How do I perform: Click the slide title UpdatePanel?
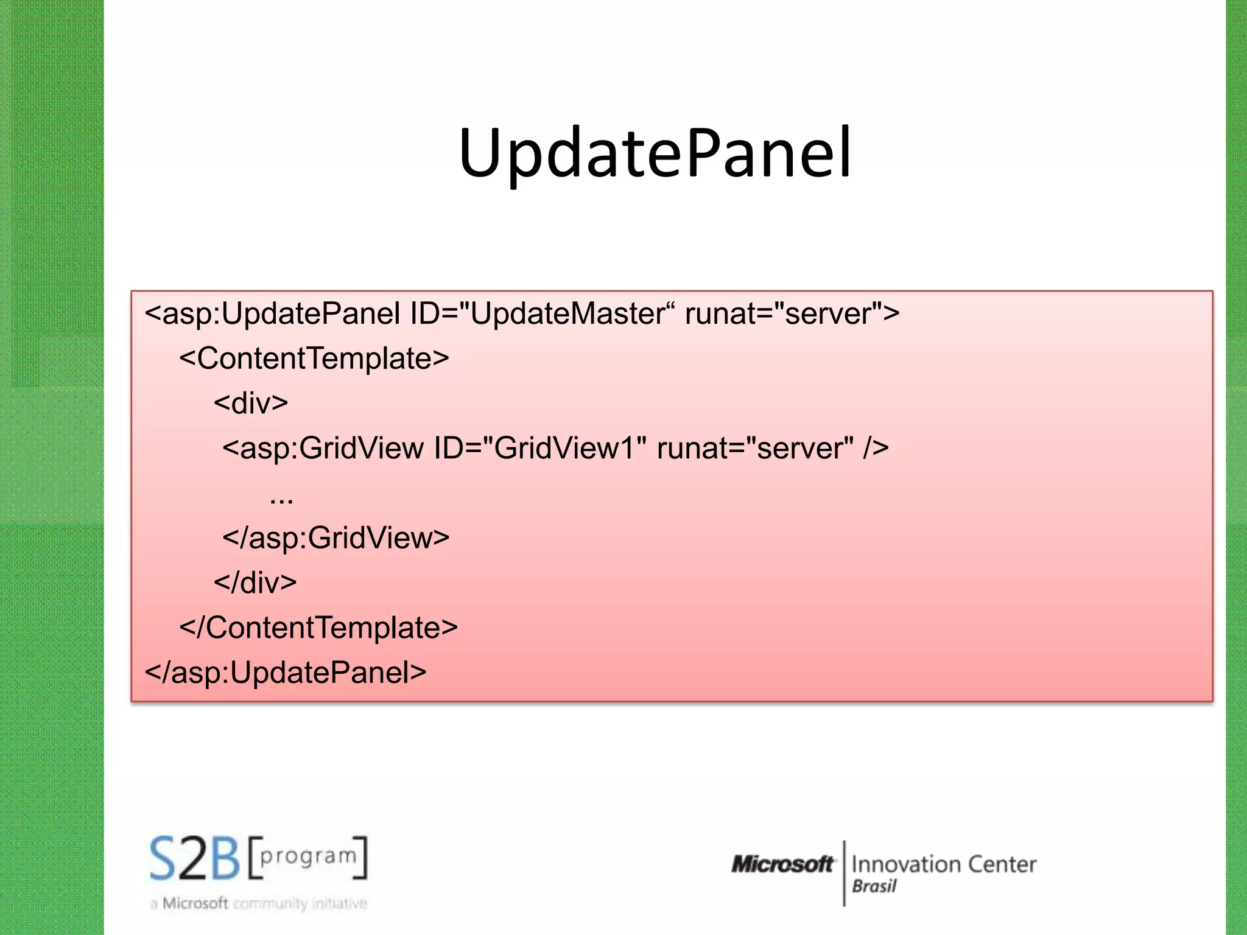(655, 153)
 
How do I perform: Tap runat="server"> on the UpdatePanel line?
(792, 314)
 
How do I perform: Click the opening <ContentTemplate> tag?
(314, 359)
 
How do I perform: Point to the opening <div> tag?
(251, 404)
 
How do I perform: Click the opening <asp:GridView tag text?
(323, 449)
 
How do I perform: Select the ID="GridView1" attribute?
(539, 449)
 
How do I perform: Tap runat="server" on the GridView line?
(755, 449)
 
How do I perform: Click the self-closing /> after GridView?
(876, 449)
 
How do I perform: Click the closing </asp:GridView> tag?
(336, 538)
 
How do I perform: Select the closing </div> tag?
(255, 583)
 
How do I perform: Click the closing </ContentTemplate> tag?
(318, 628)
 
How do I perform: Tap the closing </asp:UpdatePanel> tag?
(286, 673)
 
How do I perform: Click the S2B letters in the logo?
(195, 859)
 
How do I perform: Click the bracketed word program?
(308, 856)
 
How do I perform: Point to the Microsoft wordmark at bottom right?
(782, 864)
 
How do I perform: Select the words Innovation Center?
(944, 864)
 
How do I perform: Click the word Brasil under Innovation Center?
(874, 887)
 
